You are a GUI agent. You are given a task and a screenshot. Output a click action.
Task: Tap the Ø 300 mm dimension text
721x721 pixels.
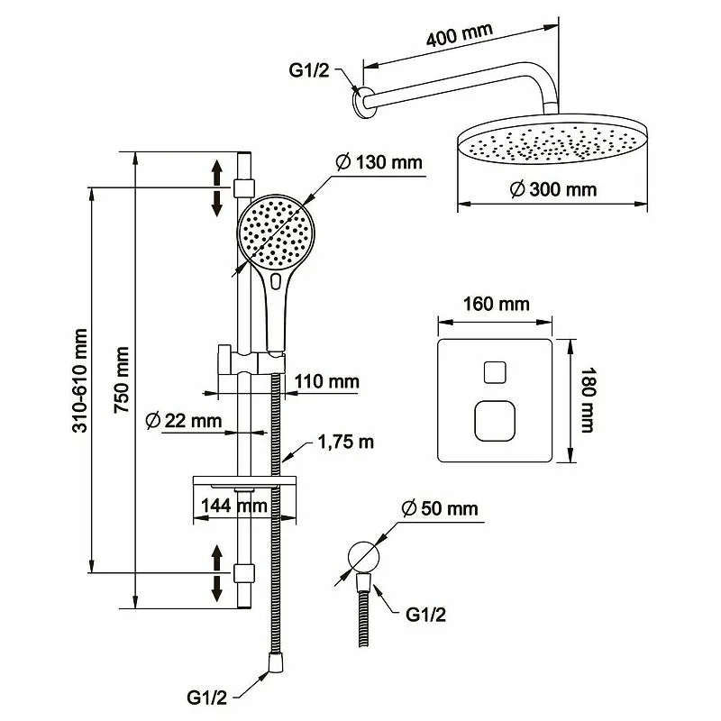(552, 189)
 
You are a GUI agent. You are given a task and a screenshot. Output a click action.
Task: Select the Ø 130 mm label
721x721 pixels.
(379, 163)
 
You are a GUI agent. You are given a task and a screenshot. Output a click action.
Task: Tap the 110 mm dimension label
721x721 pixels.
(326, 382)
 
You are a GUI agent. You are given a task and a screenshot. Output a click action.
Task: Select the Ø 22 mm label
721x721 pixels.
(182, 420)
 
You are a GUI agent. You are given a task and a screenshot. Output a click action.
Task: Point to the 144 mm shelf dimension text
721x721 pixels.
(231, 505)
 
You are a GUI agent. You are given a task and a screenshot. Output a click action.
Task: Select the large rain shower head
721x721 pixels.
(552, 144)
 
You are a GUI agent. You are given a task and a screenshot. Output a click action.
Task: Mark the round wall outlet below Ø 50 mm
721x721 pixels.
(363, 553)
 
